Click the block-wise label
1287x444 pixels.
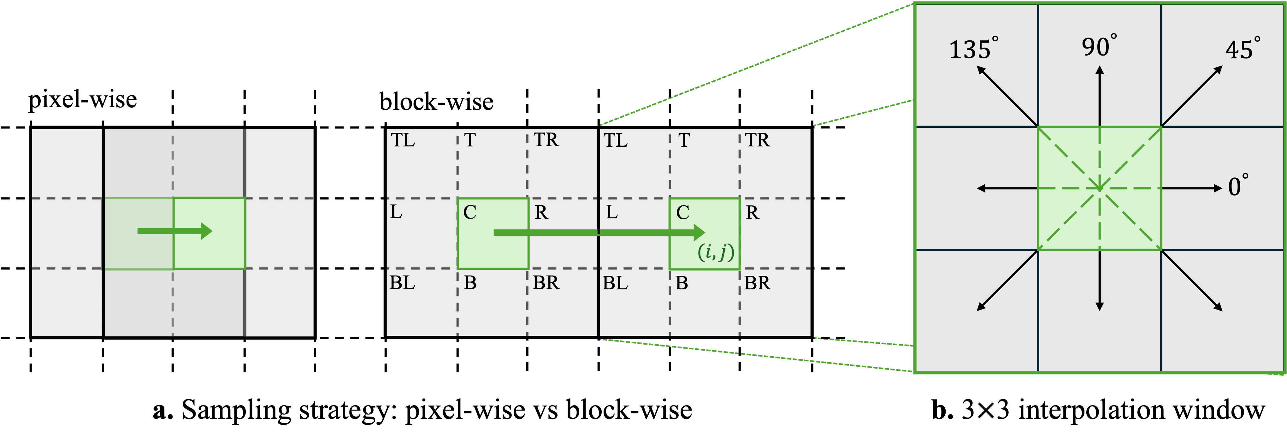pos(436,102)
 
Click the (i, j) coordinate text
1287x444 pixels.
pos(716,252)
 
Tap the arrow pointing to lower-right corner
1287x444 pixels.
pos(1192,281)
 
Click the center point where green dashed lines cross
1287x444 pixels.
pos(1099,188)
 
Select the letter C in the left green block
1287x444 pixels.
pos(469,212)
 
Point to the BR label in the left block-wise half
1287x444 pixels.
pos(546,283)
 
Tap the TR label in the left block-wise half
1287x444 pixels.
pos(546,140)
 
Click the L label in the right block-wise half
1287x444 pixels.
pos(611,212)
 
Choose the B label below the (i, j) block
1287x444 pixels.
pos(682,283)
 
